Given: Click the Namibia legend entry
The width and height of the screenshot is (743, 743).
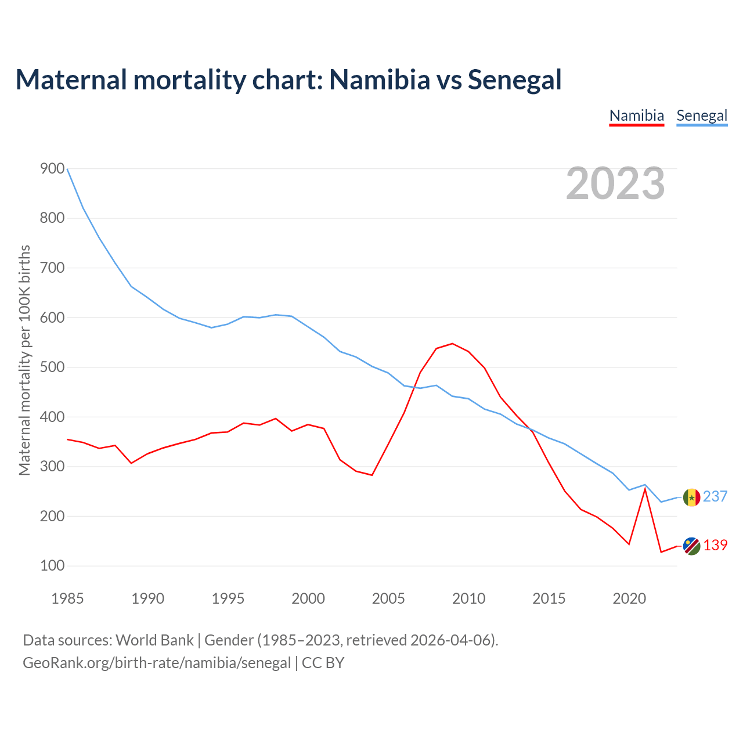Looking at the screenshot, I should pos(636,116).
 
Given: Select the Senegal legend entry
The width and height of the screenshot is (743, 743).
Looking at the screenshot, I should pos(702,116).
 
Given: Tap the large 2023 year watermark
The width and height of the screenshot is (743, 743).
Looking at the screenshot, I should pos(615,183).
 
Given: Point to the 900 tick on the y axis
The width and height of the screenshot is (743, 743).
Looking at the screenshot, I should pos(52,169).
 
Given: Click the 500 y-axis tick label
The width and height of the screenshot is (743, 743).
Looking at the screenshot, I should pos(52,367).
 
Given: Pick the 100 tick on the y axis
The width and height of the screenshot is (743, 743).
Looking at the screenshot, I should pos(52,566).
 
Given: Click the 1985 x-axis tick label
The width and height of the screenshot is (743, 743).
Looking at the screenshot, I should pos(67,598).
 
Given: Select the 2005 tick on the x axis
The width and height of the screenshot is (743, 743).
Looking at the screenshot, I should pos(388,598).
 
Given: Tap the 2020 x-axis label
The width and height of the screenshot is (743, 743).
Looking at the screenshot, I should pos(629,598).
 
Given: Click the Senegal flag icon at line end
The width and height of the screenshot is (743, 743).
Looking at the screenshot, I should pos(691,497).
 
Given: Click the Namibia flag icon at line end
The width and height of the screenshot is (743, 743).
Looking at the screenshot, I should pos(691,546).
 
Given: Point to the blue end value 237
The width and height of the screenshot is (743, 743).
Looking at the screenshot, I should pos(715,497).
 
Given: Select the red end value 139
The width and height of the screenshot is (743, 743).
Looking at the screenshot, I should pos(715,546).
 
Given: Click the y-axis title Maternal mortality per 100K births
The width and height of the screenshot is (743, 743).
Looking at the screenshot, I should pos(24,360).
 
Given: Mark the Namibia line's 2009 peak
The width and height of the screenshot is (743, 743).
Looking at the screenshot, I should pos(452,344).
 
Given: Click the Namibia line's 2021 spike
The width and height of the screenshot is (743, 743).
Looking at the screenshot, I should pos(645,489).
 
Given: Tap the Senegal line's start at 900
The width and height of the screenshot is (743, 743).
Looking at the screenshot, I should pos(68,169).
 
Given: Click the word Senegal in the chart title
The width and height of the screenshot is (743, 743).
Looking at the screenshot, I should pos(514,80).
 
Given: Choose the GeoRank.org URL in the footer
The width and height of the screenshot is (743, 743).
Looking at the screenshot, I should pos(157,663).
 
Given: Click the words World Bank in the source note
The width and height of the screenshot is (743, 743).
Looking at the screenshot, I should pos(154,640).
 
